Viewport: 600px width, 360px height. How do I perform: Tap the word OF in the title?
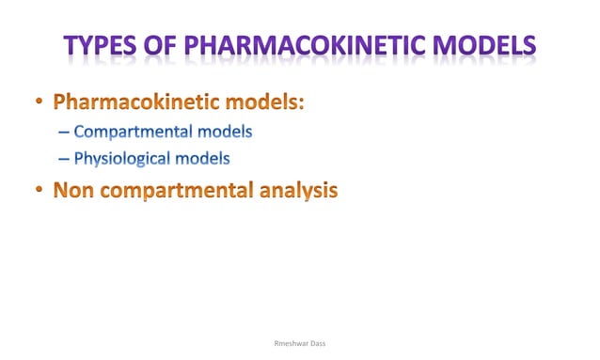click(166, 46)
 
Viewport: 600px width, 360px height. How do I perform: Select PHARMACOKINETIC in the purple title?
click(313, 46)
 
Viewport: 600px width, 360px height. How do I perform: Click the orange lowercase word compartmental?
click(178, 191)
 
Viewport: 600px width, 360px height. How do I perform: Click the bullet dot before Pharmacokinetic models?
click(38, 102)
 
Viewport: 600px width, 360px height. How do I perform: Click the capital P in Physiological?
click(78, 159)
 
